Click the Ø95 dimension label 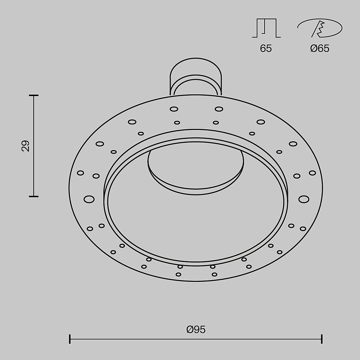[x=196, y=329]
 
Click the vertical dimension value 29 [x=26, y=146]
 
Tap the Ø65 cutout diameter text [x=320, y=49]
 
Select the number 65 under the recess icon [x=266, y=49]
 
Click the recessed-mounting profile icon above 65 [x=266, y=28]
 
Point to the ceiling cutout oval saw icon [x=320, y=28]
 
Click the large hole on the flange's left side [x=89, y=199]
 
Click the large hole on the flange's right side [x=303, y=199]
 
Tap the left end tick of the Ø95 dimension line [x=70, y=339]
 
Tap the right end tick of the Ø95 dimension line [x=322, y=339]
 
